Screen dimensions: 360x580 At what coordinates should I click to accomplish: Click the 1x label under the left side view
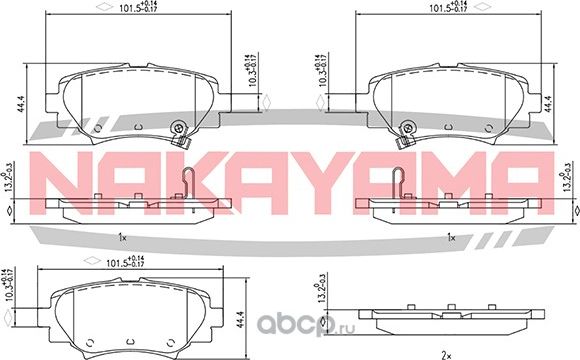(121, 237)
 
